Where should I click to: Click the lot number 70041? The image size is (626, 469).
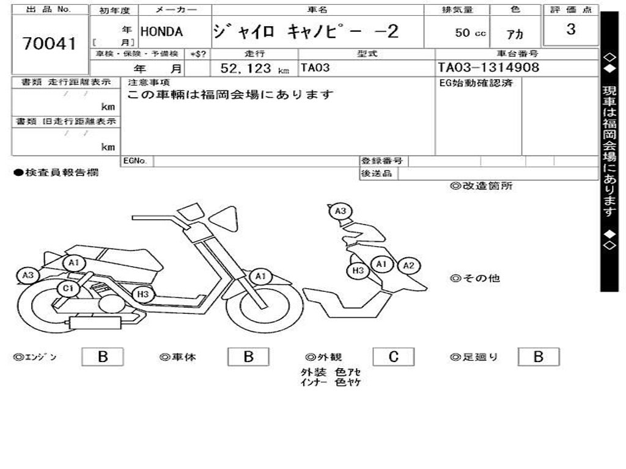50,43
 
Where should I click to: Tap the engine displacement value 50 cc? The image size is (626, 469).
470,33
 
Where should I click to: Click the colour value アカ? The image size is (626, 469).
515,34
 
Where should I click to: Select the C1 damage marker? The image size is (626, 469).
67,289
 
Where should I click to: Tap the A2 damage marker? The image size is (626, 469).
408,266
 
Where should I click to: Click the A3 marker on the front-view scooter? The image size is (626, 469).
341,211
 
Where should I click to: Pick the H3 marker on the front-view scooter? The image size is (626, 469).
358,271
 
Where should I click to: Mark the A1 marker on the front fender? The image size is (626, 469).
261,277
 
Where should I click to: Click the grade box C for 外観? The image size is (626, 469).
393,357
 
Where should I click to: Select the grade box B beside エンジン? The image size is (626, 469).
103,357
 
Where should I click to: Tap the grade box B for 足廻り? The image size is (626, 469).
538,357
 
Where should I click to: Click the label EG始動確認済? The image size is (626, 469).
476,83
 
